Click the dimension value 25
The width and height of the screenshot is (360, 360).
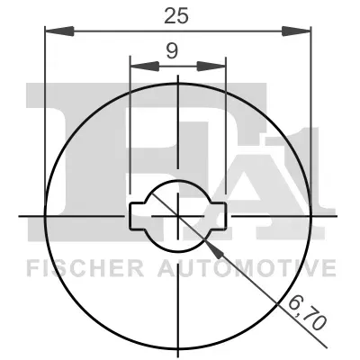pyautogui.click(x=176, y=16)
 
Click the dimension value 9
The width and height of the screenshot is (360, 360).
pyautogui.click(x=172, y=51)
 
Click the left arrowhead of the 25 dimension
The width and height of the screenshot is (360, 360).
pyautogui.click(x=59, y=31)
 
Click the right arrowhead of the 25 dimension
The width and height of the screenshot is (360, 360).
pyautogui.click(x=296, y=31)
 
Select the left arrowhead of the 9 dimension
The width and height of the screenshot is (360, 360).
pyautogui.click(x=145, y=67)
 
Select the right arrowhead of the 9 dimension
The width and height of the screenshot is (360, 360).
pyautogui.click(x=211, y=67)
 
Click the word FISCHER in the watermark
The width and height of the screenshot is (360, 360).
pyautogui.click(x=85, y=268)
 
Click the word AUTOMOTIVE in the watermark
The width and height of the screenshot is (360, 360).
pyautogui.click(x=247, y=268)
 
